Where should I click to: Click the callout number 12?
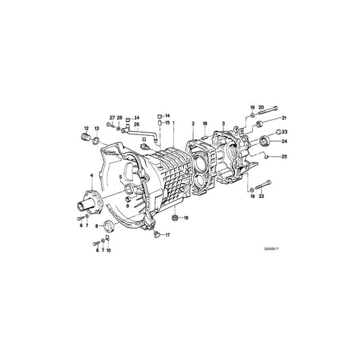(x=86, y=128)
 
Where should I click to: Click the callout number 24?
(x=284, y=142)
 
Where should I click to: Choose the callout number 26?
(x=137, y=124)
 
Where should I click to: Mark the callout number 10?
(x=109, y=250)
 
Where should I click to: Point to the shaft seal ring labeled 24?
(x=266, y=141)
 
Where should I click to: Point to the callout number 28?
(x=120, y=118)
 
